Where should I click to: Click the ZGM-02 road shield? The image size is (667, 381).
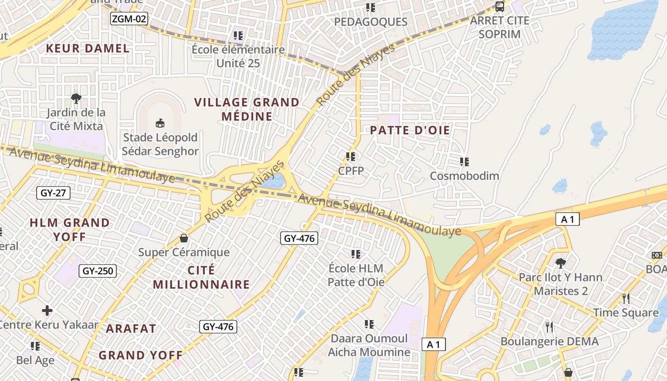click(129, 19)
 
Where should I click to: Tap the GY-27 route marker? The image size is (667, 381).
click(53, 193)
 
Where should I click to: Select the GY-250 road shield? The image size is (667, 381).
click(98, 271)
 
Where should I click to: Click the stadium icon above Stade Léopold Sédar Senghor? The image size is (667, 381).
click(160, 123)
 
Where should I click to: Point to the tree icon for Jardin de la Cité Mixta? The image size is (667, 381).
click(76, 99)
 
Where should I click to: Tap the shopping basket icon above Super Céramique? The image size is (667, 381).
click(184, 238)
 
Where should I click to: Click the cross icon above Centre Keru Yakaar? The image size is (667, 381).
click(47, 311)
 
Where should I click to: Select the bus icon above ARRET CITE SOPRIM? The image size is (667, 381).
click(500, 7)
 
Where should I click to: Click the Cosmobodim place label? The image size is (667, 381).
click(465, 176)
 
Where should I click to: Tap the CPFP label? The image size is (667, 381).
click(351, 170)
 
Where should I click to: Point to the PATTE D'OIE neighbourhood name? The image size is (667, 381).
click(410, 130)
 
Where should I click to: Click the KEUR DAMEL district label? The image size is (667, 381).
click(88, 48)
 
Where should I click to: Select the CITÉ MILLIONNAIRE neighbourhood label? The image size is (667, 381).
click(201, 277)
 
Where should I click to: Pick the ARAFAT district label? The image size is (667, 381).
click(131, 329)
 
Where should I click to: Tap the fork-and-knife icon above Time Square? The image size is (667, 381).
click(626, 299)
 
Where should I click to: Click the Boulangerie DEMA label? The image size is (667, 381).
click(549, 341)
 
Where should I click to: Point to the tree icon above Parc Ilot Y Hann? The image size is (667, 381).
click(561, 263)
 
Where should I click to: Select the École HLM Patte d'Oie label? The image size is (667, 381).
click(356, 275)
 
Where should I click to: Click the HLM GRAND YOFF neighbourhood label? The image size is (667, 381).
click(70, 230)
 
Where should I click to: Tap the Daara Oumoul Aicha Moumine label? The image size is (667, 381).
click(369, 345)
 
